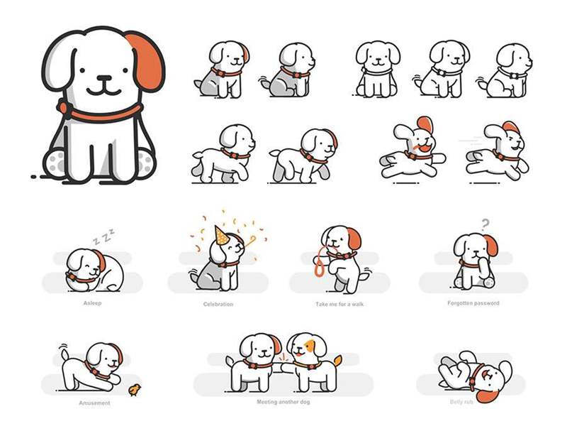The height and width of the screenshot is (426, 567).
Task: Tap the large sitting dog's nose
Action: (x=104, y=78)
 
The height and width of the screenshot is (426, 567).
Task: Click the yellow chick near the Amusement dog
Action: (x=135, y=389)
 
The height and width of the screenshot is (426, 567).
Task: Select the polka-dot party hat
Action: (x=221, y=236)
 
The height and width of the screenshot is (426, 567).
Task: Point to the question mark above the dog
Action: (x=485, y=224)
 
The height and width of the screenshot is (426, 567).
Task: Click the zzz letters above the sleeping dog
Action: (x=104, y=236)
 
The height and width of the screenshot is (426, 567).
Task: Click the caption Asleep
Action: (x=92, y=303)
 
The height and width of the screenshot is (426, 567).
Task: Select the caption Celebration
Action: (x=218, y=304)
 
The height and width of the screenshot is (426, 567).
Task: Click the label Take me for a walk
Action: (x=339, y=304)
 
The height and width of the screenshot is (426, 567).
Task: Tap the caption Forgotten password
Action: (x=473, y=303)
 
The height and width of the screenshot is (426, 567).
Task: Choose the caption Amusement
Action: (x=94, y=403)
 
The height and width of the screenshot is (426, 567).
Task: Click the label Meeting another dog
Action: (x=283, y=402)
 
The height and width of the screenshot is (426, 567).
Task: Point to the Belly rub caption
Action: (x=461, y=402)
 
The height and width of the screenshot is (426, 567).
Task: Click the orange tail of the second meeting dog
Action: (x=337, y=361)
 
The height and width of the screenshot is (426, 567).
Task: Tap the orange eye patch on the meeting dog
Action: (x=310, y=346)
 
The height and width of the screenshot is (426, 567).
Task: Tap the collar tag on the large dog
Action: (x=64, y=107)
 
